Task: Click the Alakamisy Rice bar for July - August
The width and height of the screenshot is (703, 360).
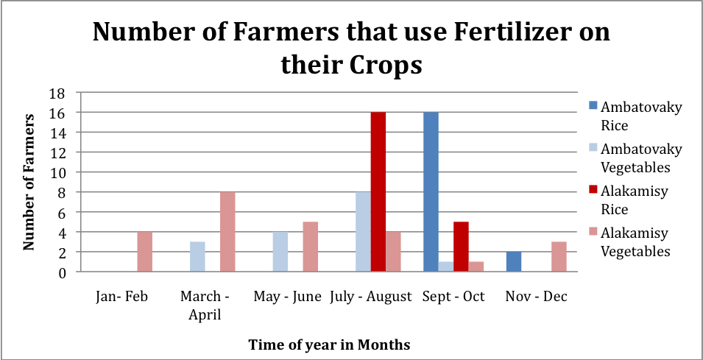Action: (378, 192)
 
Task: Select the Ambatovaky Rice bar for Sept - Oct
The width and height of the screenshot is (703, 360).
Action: (431, 192)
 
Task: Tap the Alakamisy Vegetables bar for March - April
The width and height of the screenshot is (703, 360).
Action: (227, 232)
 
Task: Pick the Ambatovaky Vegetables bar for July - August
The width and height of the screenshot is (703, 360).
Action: (363, 232)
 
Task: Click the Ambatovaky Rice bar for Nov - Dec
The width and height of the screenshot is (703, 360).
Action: (514, 262)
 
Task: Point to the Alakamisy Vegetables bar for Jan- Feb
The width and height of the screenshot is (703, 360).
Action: (145, 252)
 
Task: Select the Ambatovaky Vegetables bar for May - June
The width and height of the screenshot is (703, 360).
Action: (280, 252)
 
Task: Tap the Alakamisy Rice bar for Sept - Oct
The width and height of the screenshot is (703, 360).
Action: (461, 247)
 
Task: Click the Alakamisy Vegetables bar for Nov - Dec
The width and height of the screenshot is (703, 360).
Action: (559, 257)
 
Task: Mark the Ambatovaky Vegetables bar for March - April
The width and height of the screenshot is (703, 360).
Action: (197, 257)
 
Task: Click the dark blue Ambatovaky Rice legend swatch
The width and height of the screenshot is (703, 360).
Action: (592, 106)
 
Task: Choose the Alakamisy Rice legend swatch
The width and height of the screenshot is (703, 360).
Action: (592, 191)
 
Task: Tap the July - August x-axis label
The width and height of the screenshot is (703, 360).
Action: (371, 297)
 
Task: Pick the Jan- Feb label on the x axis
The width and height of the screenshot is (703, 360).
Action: (122, 297)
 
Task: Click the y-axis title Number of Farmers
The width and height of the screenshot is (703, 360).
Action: (30, 182)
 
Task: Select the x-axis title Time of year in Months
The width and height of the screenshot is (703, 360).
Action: (328, 344)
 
